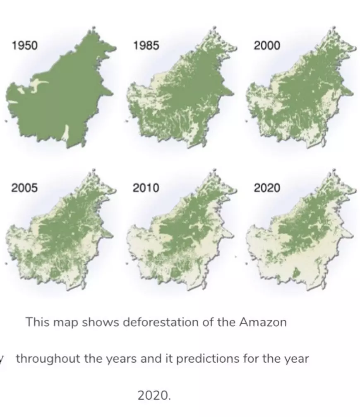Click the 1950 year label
point(25,45)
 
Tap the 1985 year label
point(146,45)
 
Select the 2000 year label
point(266,45)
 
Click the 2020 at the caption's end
point(154,395)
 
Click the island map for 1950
point(58,95)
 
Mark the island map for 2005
point(58,236)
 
